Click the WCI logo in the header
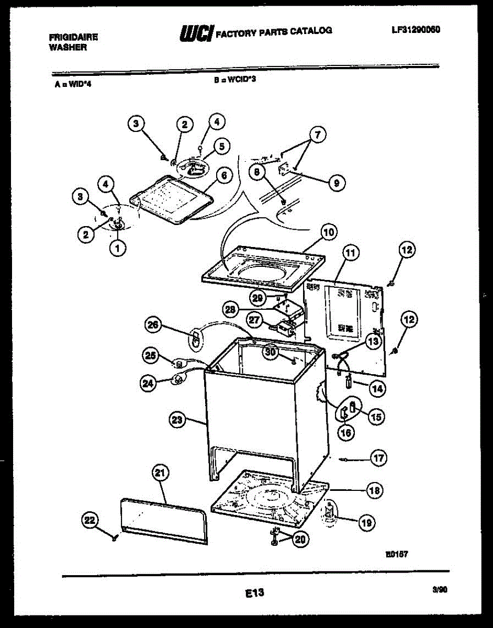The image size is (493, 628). coord(196,33)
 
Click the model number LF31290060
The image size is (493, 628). coord(416,30)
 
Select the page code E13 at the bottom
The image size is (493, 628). coord(254,593)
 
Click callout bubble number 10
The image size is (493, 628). coord(329,232)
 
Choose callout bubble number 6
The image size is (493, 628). coord(223,176)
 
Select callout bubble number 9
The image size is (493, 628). coord(337,183)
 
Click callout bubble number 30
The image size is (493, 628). coord(270,352)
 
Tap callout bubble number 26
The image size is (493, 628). coord(152,326)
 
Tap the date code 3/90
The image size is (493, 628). coord(440,589)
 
